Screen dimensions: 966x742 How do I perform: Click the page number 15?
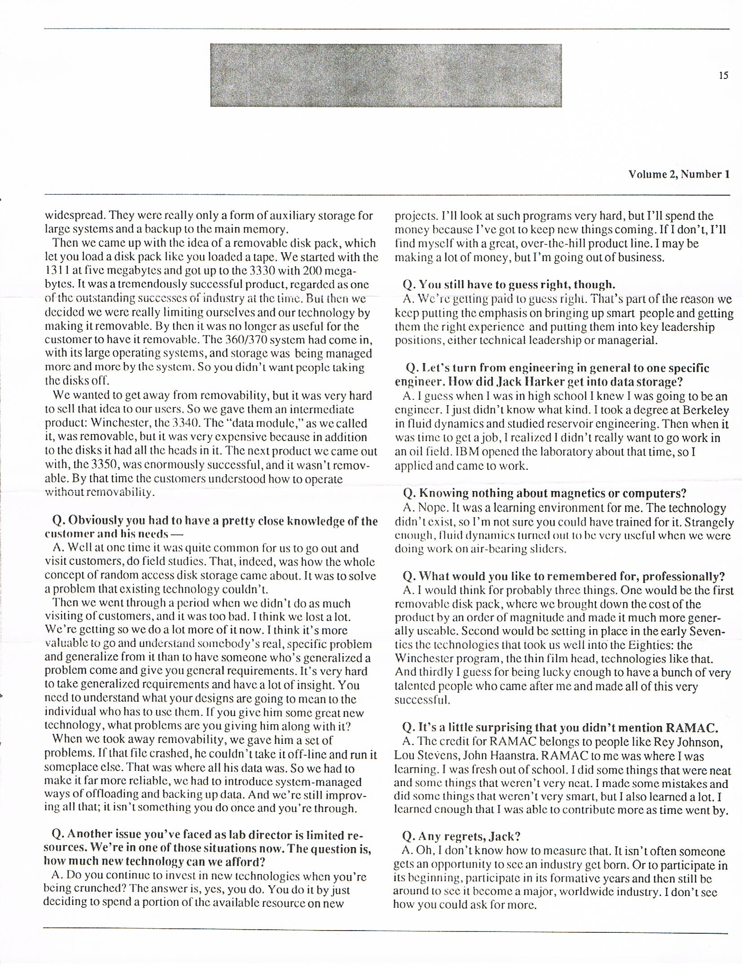723,75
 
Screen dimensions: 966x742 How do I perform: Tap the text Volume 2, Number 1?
679,174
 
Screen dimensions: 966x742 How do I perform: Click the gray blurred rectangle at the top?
386,75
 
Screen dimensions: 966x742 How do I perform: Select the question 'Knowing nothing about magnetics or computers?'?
544,493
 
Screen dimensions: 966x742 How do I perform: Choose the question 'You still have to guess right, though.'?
509,284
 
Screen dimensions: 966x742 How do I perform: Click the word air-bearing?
496,549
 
